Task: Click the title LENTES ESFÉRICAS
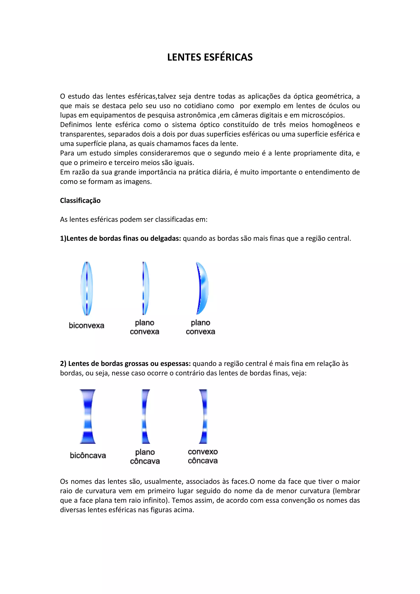click(210, 57)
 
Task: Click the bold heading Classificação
click(80, 201)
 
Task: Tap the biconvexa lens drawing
click(87, 288)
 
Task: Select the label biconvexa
click(86, 326)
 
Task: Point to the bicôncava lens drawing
click(88, 417)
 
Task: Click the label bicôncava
click(88, 455)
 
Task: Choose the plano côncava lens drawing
click(145, 417)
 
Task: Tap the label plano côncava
click(145, 457)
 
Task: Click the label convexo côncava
click(203, 456)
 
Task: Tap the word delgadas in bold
click(165, 238)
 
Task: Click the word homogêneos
click(332, 125)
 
